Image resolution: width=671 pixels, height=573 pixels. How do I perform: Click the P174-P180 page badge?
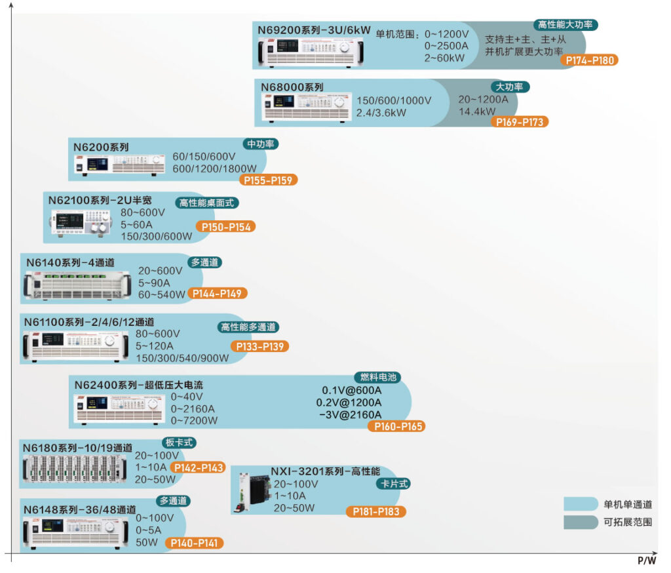tap(590, 60)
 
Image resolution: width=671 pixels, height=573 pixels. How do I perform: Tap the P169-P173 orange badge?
tap(519, 122)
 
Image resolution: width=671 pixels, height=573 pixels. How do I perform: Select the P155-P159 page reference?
tap(269, 180)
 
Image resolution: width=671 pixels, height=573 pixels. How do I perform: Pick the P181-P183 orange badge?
tap(375, 511)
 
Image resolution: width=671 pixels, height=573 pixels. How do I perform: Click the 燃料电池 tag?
tap(378, 378)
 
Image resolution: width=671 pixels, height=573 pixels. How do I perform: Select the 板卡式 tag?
tap(180, 443)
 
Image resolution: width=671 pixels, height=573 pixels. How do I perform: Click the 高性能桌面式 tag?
tap(206, 203)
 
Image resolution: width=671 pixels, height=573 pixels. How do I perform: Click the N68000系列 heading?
tap(292, 87)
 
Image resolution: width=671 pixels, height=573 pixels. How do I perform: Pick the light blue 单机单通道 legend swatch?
tap(581, 504)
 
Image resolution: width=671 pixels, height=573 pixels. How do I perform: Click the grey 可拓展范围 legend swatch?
tap(581, 522)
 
